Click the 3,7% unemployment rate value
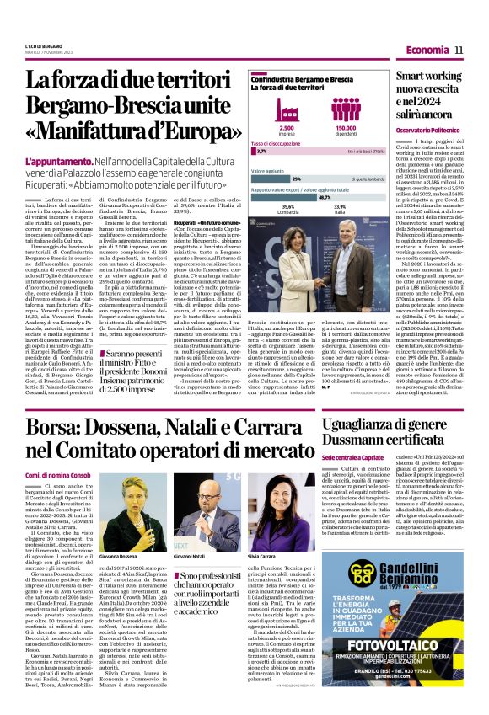pyautogui.click(x=262, y=152)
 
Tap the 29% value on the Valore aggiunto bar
pyautogui.click(x=296, y=179)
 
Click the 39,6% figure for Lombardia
pyautogui.click(x=288, y=206)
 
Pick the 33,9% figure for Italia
pyautogui.click(x=340, y=206)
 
